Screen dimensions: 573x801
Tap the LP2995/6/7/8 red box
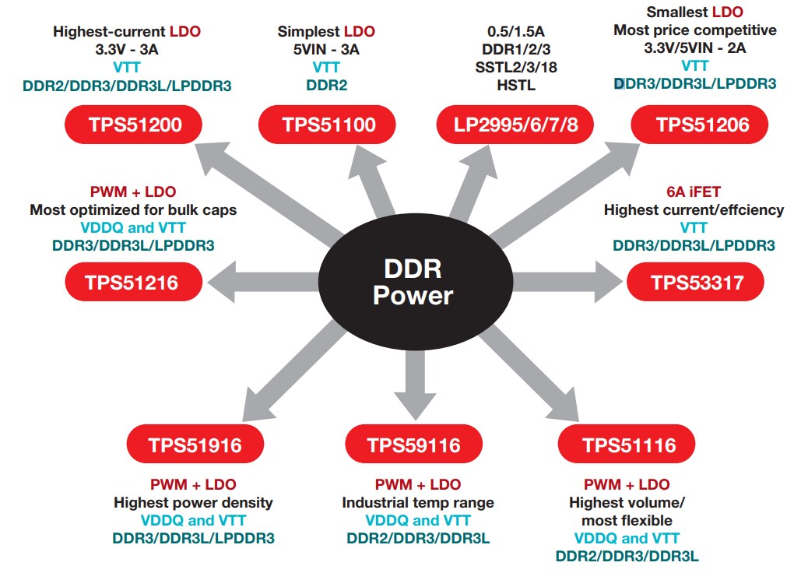[x=515, y=125]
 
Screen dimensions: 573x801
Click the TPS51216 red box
[x=133, y=283]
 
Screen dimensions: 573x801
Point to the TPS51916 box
[x=195, y=445]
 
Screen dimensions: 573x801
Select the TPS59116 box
[x=414, y=445]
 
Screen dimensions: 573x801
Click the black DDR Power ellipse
[x=413, y=282]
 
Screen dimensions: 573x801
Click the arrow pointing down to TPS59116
[x=413, y=381]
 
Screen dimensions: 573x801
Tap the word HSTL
[x=515, y=84]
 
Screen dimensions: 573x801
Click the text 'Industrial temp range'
[x=418, y=502]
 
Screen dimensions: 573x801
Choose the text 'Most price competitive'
[x=695, y=30]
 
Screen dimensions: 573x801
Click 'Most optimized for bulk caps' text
[x=133, y=210]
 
